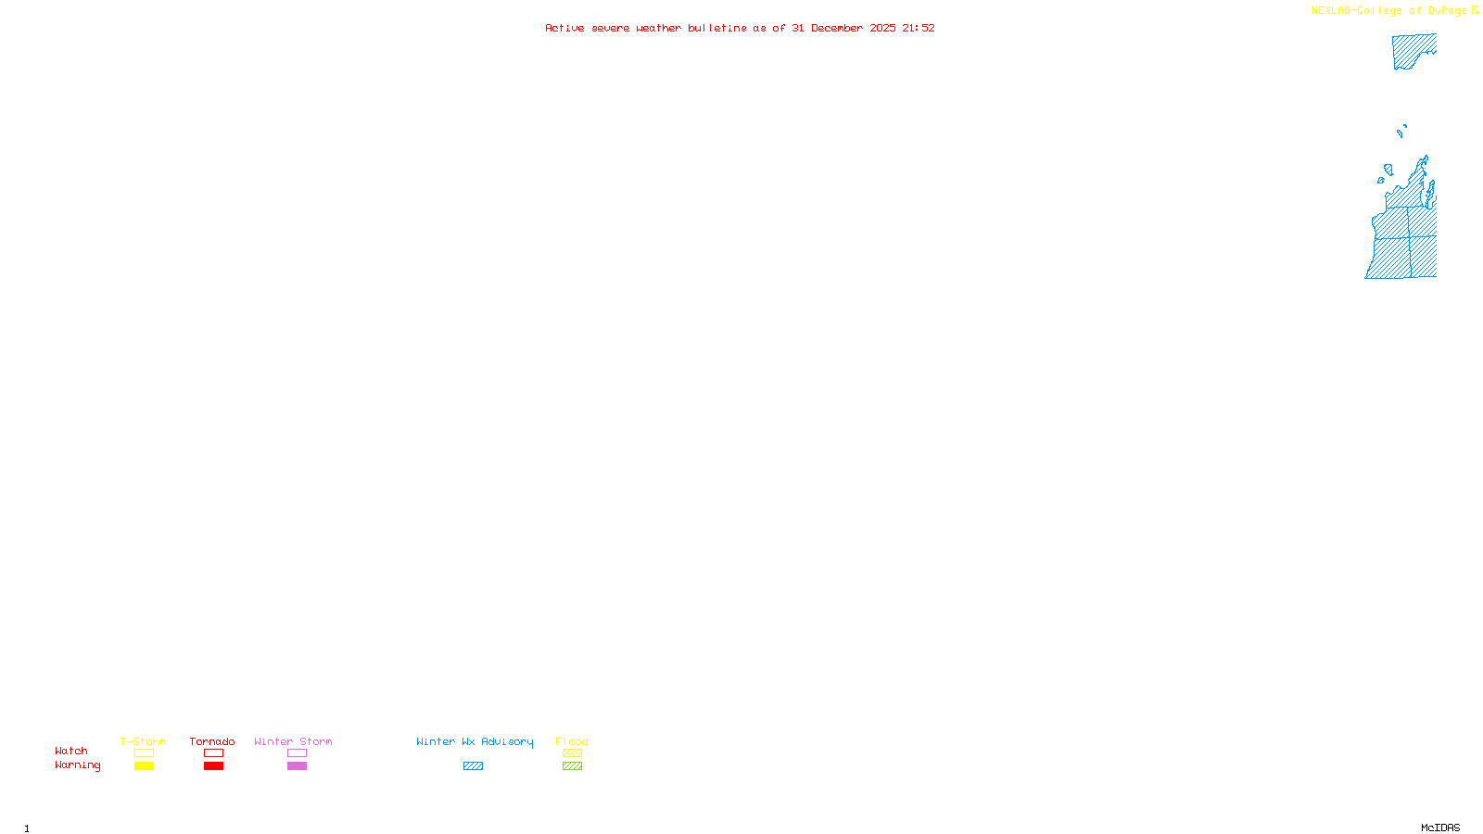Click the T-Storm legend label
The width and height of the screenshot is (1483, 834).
[143, 741]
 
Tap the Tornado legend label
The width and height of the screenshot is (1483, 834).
[212, 741]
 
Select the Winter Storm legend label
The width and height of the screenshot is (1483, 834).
[293, 741]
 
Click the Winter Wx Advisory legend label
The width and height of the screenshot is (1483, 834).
[475, 741]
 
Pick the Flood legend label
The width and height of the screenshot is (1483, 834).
[572, 741]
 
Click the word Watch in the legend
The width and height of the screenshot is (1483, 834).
[71, 751]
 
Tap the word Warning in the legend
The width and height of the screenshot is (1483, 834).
[77, 765]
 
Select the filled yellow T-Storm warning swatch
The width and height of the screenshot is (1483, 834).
[144, 766]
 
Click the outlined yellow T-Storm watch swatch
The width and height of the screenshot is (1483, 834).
[144, 753]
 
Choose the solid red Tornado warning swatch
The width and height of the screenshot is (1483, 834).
[214, 766]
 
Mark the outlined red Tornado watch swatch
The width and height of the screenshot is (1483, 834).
[214, 753]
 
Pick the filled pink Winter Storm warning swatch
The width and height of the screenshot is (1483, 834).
[297, 766]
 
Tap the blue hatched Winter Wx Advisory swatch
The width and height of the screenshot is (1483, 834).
[473, 766]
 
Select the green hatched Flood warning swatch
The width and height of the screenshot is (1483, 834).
[572, 766]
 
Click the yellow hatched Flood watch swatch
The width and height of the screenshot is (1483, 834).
[572, 753]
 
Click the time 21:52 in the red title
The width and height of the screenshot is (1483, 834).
[919, 28]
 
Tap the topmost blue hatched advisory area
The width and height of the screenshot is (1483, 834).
[1411, 51]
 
